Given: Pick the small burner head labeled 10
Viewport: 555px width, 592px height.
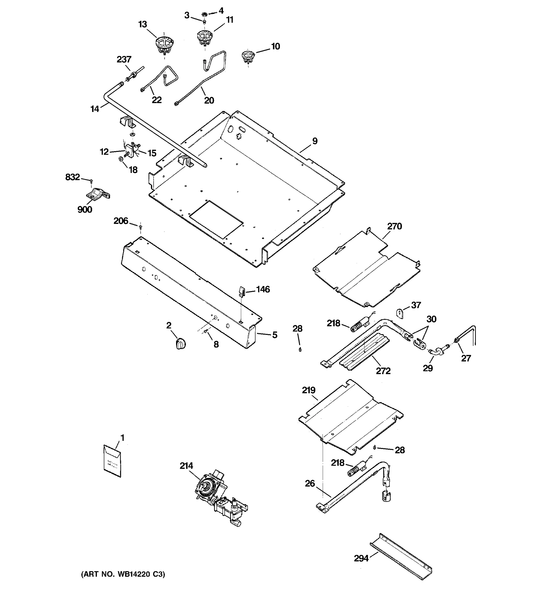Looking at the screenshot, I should click(248, 56).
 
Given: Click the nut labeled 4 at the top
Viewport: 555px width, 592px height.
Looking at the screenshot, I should click(204, 14).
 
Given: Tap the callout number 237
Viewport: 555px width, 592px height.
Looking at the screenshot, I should click(124, 59).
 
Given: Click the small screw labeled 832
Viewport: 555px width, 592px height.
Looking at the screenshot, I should click(92, 181).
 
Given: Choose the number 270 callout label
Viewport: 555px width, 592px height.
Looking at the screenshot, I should click(394, 227).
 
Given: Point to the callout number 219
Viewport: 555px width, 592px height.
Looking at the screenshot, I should click(309, 390).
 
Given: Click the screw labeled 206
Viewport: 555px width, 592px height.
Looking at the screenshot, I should click(141, 227).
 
